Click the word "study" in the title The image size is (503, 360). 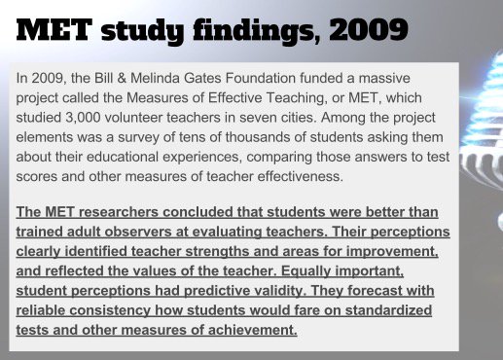[139, 30]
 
